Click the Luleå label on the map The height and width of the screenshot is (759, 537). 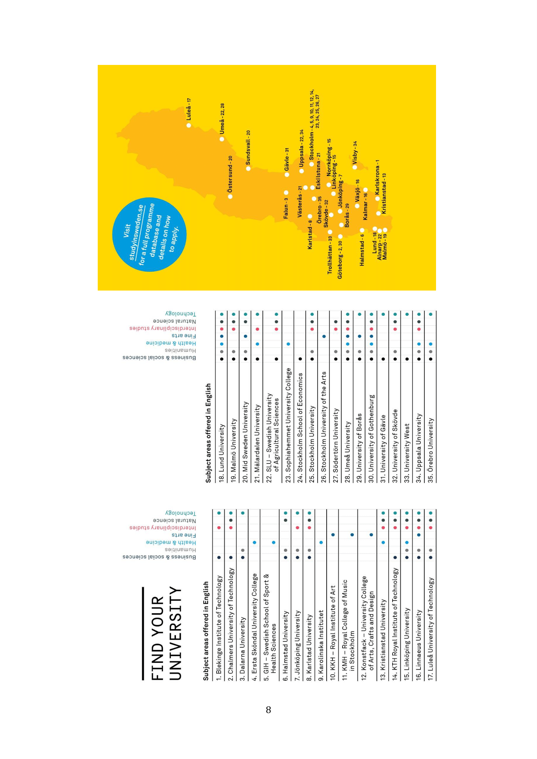(189, 109)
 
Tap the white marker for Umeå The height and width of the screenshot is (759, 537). (222, 139)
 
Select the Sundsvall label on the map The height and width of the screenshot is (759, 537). (248, 147)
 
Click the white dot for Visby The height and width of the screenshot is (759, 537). (355, 167)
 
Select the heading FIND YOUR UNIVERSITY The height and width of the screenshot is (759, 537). (165, 633)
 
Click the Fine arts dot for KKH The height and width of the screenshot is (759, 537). (333, 535)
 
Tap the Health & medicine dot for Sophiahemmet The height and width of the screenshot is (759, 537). (288, 344)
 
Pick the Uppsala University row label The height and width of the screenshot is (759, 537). (418, 448)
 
